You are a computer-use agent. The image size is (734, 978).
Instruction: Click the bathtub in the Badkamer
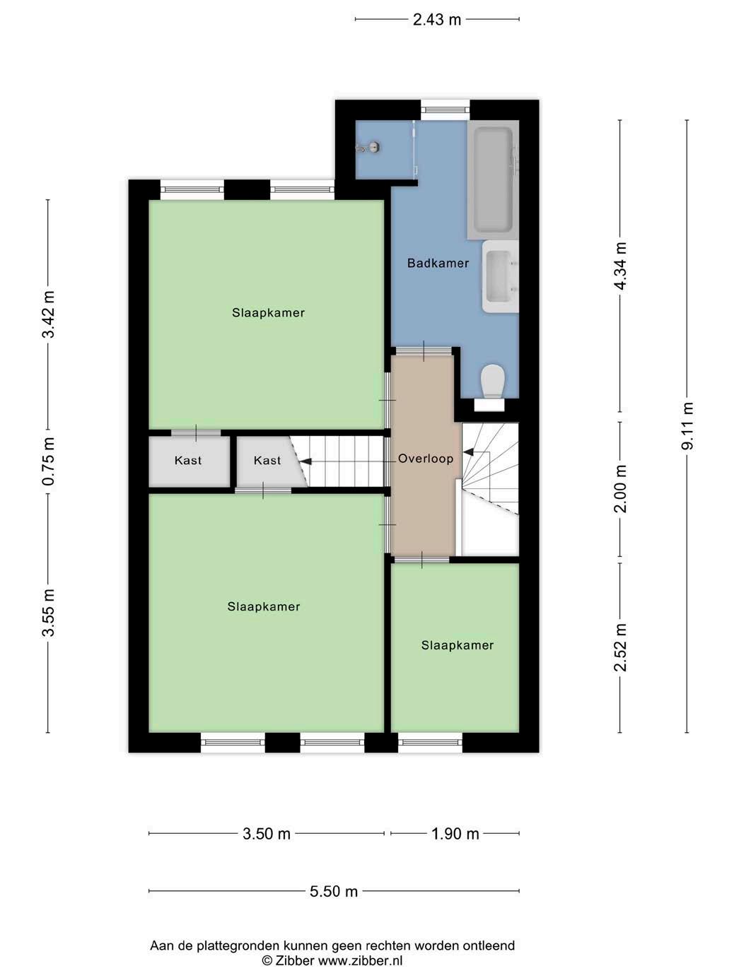click(x=493, y=179)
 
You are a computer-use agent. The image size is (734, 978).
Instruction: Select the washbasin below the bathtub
click(x=501, y=276)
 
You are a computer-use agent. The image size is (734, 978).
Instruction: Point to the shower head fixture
click(x=369, y=147)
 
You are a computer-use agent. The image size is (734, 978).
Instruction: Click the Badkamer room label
click(x=438, y=263)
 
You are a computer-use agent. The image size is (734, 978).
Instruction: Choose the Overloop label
click(x=426, y=459)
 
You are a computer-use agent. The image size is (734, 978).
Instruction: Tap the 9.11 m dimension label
click(x=687, y=426)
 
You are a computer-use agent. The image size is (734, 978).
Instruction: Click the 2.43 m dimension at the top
click(x=437, y=20)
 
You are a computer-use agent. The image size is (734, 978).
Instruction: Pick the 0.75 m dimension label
click(x=48, y=461)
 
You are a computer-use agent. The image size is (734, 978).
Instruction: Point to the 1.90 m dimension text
click(x=455, y=834)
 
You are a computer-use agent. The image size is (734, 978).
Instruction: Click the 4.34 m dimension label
click(x=620, y=266)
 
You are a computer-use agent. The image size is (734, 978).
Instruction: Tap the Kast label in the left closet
click(x=188, y=460)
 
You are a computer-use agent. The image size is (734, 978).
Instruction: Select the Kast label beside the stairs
click(x=267, y=460)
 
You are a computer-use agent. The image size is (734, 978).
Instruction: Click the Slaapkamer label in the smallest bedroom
click(x=458, y=645)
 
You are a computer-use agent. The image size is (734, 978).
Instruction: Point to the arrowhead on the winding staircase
click(x=468, y=452)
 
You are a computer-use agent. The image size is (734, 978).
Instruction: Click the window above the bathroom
click(x=445, y=110)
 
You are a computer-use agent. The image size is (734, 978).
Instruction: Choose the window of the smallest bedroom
click(x=430, y=742)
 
